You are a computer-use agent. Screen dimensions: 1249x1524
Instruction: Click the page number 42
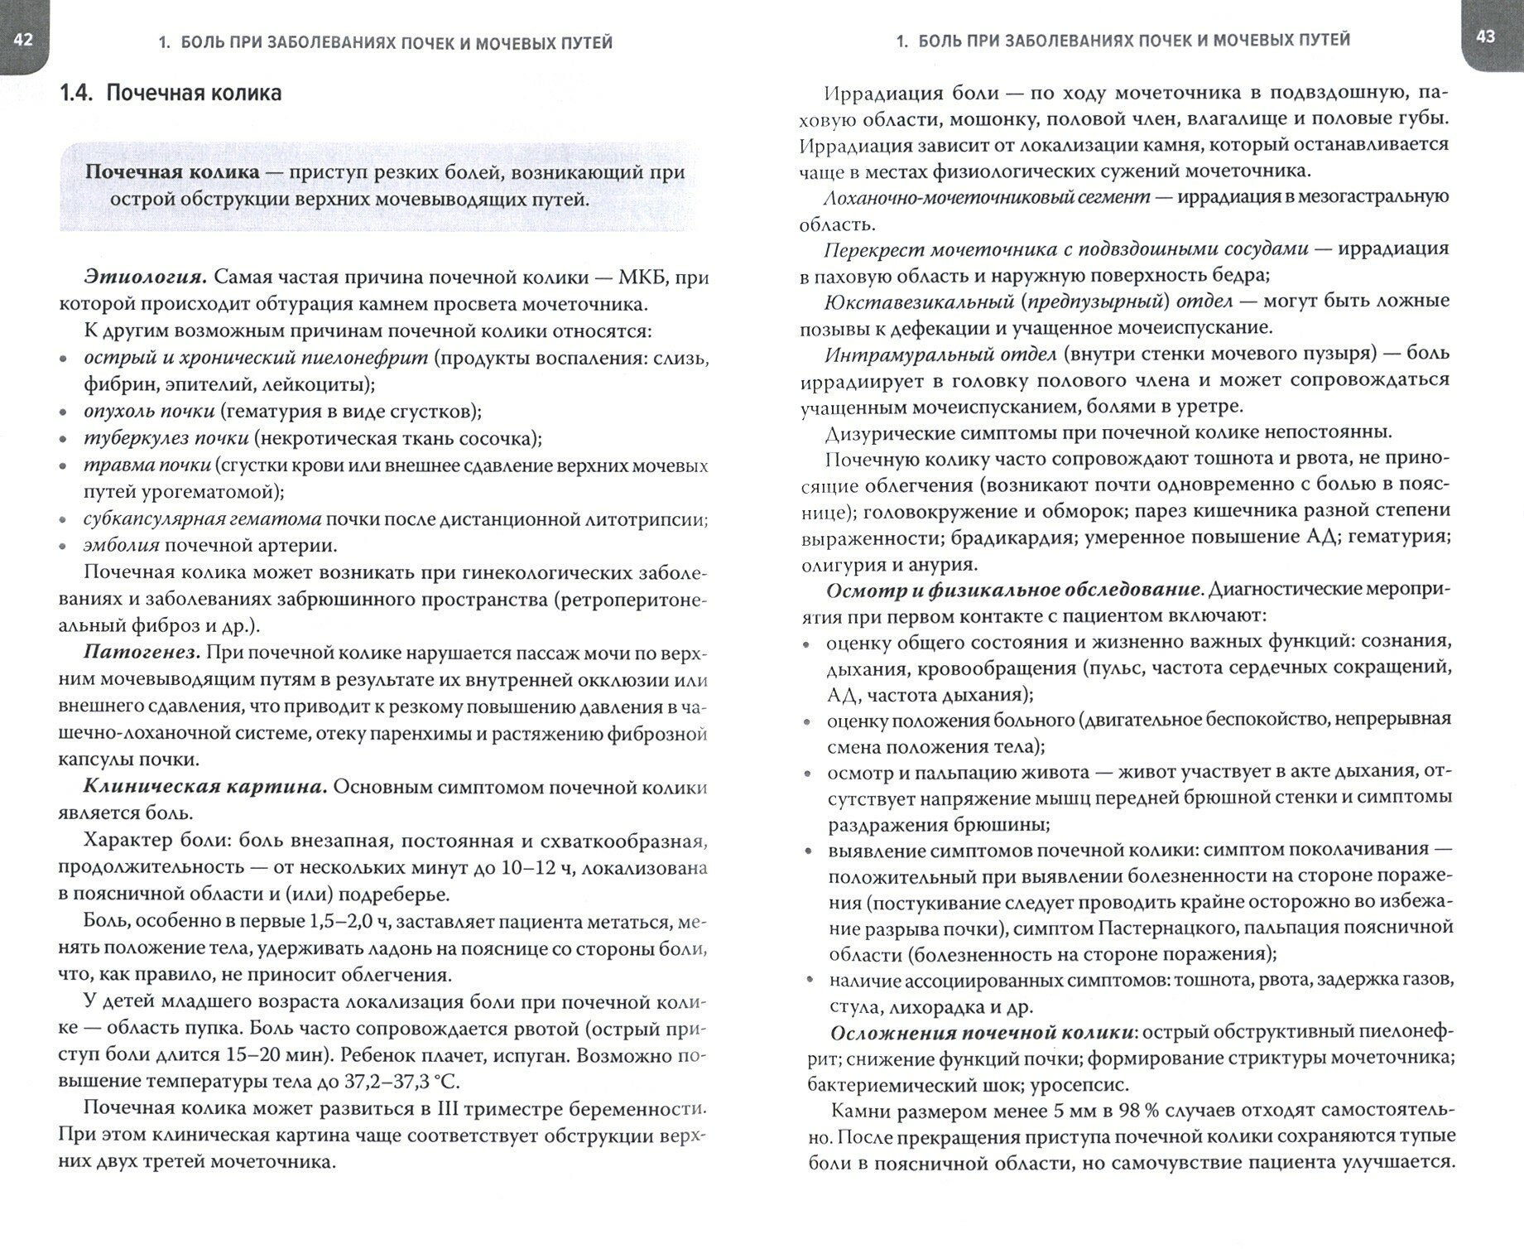coord(23,40)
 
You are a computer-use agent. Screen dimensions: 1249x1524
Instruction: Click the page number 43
coord(1485,37)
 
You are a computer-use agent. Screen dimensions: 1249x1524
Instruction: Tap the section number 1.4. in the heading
coord(79,93)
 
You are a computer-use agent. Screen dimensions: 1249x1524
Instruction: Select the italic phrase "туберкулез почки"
coord(166,438)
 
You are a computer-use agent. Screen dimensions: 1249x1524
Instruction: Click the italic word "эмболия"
coord(121,546)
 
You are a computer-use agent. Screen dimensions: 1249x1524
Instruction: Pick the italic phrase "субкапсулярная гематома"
coord(202,519)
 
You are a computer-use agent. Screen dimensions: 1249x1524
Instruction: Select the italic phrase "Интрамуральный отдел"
coord(940,354)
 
